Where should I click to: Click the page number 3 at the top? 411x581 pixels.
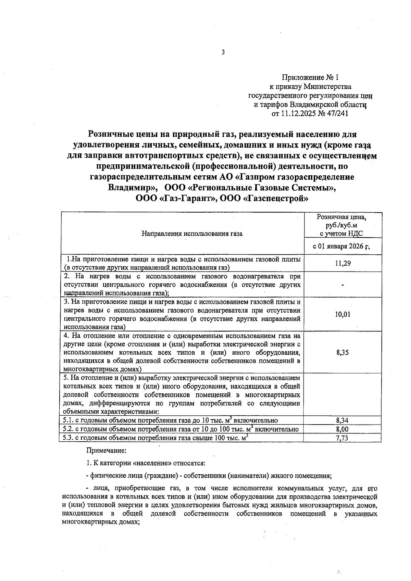coord(223,52)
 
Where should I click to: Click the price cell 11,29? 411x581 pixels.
coord(342,263)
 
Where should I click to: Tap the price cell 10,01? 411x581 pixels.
coord(342,314)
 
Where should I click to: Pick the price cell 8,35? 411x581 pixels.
coord(342,352)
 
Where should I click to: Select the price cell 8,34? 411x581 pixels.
coord(342,420)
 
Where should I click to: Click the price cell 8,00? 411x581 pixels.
coord(342,429)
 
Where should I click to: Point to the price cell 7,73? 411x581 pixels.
coord(342,438)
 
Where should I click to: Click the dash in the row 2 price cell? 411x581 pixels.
coord(342,285)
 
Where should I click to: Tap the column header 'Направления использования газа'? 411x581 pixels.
coord(192,234)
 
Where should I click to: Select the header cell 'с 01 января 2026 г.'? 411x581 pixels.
coord(342,247)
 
